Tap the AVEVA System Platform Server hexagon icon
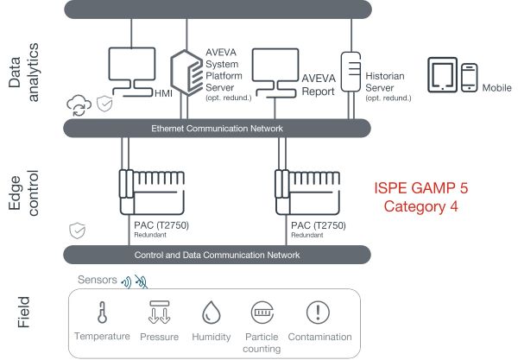coord(185,68)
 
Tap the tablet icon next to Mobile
coord(442,75)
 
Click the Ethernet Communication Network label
coord(217,129)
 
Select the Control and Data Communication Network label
coord(217,255)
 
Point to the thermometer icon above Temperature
coord(102,312)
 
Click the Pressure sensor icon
coord(159,312)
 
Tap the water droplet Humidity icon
coord(212,312)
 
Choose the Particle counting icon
coord(262,312)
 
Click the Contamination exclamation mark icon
coord(319,312)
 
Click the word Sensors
coord(96,280)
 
